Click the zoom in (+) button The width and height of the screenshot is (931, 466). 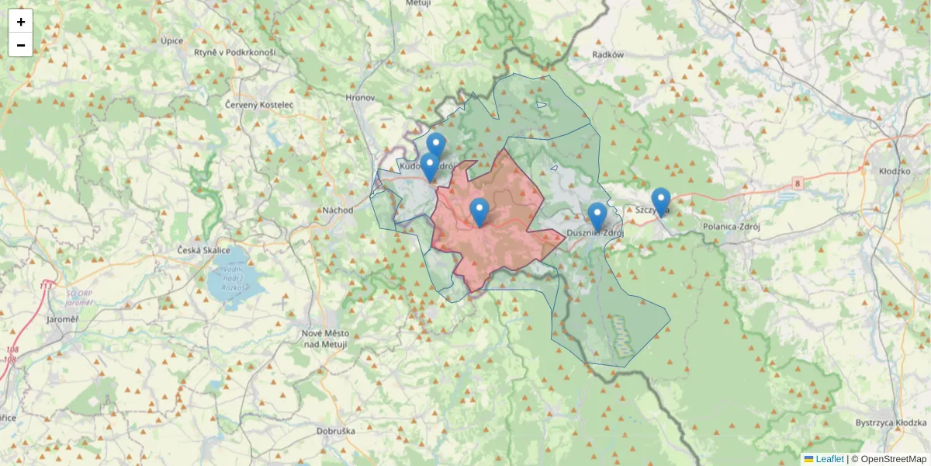coord(21,22)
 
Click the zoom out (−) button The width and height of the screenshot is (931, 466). coord(21,45)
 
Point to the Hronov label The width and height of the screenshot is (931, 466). coord(360,98)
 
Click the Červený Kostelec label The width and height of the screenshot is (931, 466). coord(258,104)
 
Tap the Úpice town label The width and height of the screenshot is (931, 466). coord(171,40)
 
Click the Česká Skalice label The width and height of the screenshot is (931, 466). coord(204,250)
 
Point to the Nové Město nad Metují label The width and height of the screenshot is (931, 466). coord(324,338)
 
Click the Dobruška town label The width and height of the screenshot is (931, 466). coord(336,430)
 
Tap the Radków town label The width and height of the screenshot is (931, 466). coord(607,55)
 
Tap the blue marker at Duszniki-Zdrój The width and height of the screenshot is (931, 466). coord(597,217)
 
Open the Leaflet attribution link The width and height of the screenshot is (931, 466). coord(829,459)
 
